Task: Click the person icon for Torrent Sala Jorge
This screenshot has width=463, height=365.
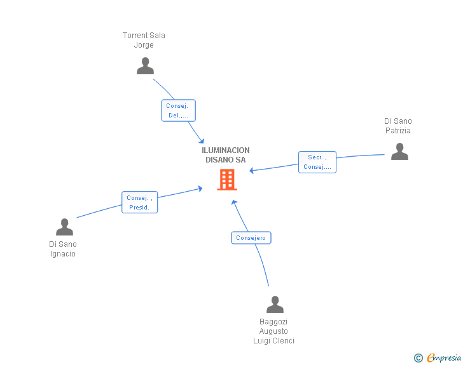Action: pos(145,66)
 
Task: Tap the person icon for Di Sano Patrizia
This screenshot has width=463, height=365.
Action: pos(399,152)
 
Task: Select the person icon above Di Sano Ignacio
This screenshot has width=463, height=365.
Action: pos(64,227)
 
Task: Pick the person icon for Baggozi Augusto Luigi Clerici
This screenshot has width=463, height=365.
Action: pos(275,305)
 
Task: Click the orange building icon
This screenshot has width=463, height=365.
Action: pos(227,180)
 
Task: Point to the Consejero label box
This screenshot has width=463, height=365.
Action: pos(251,238)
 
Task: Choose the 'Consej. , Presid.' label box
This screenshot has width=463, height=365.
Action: pos(139,202)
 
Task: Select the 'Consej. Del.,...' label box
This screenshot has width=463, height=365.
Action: pos(178,110)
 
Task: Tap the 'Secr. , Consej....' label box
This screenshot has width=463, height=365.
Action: pos(317,162)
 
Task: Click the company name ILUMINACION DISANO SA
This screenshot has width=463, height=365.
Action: pos(226,155)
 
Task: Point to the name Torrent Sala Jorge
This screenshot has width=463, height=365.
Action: pos(144,40)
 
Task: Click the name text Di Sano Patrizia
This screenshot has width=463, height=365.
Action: pos(398,126)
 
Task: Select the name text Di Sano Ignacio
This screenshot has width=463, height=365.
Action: pos(63,249)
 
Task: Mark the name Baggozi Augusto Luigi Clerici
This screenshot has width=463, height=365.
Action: pos(273,331)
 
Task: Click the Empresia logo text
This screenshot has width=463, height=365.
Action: pos(444,358)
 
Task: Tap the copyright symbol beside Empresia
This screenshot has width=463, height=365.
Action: pos(418,358)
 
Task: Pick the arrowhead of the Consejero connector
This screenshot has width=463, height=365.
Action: pos(233,202)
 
